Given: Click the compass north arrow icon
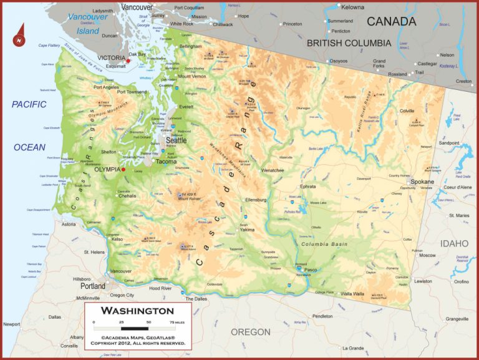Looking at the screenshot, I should point(20,36).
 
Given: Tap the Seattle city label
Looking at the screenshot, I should point(176,141).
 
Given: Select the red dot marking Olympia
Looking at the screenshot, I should point(123,169).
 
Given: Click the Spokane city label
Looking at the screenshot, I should point(422,181).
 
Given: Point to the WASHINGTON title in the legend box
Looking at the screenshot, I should point(138,311).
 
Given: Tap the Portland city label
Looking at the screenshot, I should point(93,286).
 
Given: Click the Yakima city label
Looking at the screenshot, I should point(247,230).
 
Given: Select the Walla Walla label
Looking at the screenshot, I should point(353,293).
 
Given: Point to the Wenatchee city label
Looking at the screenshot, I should point(273,170).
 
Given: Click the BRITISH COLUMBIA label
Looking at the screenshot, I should point(349,43).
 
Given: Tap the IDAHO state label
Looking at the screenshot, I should point(454,243).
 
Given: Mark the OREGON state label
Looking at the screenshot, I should point(251,332).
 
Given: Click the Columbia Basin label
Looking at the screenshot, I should point(324,244).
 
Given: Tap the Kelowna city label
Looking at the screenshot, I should point(352,7).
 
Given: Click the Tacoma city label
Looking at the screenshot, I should point(166,162).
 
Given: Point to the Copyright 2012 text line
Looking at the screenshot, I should point(138,343).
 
